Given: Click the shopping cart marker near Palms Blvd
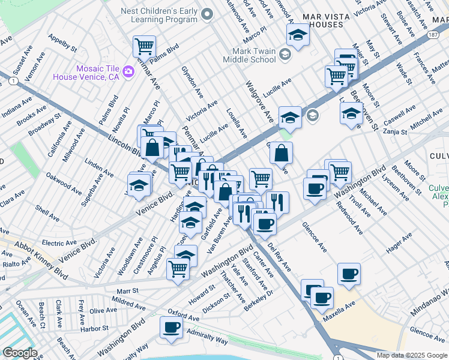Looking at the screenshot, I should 145,46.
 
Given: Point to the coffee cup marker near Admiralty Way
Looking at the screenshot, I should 171,328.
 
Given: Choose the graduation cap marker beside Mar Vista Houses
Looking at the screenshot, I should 297,35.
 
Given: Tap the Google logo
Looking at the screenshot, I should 20,353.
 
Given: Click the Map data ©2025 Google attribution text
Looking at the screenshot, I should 412,355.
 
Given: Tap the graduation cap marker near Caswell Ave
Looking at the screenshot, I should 351,113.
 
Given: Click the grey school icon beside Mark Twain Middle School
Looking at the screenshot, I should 285,55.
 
